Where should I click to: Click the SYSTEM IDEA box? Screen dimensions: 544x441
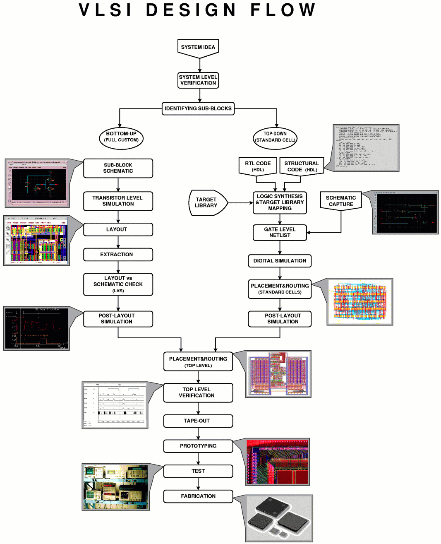[198, 47]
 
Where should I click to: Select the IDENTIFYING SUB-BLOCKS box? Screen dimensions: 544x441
[198, 108]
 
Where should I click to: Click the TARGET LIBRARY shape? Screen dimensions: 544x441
[207, 203]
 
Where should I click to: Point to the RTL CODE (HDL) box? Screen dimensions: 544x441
[258, 166]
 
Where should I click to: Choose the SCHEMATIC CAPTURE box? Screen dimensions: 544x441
[341, 201]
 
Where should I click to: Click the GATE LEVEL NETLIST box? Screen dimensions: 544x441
[280, 232]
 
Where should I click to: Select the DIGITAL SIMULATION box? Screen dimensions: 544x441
[280, 261]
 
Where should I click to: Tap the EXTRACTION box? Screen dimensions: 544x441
[118, 255]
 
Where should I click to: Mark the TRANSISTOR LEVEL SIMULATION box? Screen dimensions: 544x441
[118, 201]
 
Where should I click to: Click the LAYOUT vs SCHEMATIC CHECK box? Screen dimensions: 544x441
[118, 284]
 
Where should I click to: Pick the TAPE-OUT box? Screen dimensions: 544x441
[198, 421]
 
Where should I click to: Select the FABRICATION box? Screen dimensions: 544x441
[198, 496]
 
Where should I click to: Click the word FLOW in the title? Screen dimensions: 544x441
[283, 10]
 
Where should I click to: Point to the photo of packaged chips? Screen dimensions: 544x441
[279, 518]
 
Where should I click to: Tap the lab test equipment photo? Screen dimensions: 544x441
[115, 486]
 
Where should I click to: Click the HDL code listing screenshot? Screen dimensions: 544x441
[366, 147]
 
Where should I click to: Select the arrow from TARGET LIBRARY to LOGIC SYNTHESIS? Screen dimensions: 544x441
[240, 203]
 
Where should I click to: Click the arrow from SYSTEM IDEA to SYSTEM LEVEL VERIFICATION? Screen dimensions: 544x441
[200, 65]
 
